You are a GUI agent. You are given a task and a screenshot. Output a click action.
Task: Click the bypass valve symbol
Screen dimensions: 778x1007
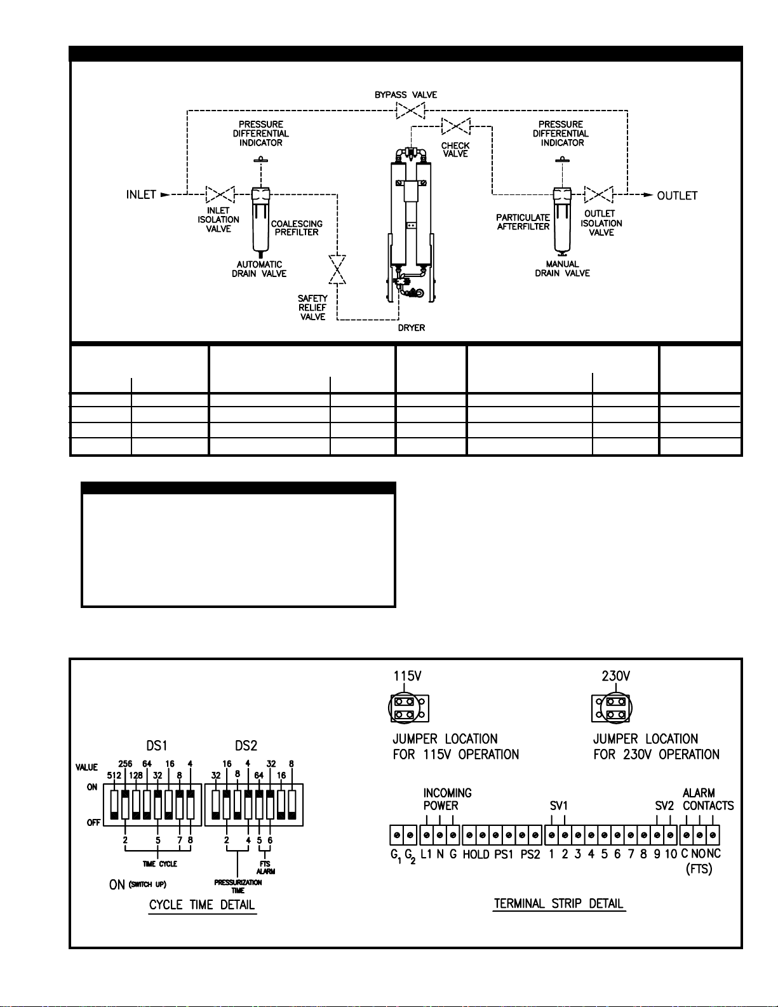(410, 111)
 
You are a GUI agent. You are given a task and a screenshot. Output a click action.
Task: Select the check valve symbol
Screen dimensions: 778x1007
(456, 126)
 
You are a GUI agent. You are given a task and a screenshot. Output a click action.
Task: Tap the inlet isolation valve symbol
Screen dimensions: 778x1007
(220, 194)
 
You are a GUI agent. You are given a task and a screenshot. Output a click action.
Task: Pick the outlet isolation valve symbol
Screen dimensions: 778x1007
(598, 194)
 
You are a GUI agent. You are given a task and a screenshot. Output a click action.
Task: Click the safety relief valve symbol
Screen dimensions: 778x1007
(337, 269)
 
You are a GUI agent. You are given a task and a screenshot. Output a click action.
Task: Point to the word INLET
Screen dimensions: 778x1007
(141, 194)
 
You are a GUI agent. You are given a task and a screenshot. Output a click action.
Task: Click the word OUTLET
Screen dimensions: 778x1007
(677, 196)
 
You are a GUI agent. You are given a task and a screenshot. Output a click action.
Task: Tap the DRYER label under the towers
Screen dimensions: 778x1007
(412, 328)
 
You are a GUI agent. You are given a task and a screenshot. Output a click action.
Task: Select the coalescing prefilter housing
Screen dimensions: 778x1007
(261, 222)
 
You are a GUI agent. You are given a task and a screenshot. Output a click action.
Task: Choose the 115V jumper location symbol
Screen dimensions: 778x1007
(409, 708)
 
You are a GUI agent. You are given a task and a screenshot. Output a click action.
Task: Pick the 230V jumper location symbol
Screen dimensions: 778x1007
(612, 708)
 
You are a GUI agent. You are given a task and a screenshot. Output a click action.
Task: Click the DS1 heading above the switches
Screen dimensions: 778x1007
(156, 746)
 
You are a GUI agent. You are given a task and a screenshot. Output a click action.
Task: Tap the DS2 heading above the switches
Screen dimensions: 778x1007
(246, 746)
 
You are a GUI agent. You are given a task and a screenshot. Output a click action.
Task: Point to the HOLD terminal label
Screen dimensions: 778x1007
(476, 854)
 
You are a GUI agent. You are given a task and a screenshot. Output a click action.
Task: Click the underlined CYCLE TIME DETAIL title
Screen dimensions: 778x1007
(202, 905)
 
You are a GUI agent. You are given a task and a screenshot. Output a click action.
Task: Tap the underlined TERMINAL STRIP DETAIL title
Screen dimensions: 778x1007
(558, 903)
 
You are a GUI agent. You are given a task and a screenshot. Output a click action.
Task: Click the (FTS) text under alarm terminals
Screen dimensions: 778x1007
(699, 868)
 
